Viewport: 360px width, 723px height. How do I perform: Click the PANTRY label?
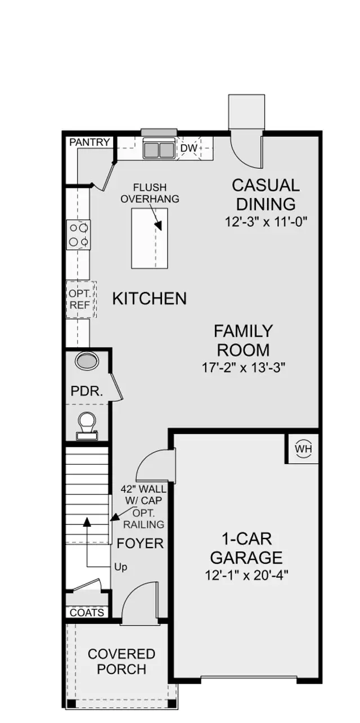tap(89, 142)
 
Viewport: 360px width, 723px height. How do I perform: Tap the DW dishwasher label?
tap(189, 149)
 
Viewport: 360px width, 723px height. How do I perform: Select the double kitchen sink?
tap(159, 150)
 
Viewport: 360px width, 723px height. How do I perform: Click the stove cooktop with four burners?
tap(79, 235)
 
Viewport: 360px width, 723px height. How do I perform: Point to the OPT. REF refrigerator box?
tap(79, 299)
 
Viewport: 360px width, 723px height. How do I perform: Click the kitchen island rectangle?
tap(150, 238)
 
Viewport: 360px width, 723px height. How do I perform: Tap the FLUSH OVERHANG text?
tap(150, 193)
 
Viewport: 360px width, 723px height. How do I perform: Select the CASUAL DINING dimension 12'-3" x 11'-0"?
tap(265, 222)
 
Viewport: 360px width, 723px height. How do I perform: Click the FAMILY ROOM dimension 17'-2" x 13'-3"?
tap(244, 368)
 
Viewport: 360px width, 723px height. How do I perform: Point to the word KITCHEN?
tap(150, 298)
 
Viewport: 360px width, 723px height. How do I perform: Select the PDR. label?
tap(87, 391)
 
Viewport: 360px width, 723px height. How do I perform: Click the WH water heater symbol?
tap(303, 449)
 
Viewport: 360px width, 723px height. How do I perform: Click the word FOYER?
tap(140, 544)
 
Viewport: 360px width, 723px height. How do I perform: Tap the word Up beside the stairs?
tap(120, 567)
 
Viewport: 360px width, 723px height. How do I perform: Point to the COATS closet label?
tap(87, 613)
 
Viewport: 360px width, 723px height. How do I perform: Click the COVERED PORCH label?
tap(121, 662)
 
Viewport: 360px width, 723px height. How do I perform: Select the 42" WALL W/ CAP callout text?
tap(144, 495)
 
